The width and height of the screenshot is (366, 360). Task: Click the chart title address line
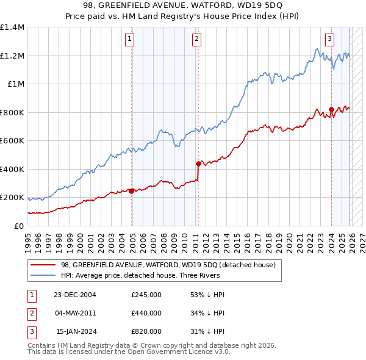click(x=183, y=6)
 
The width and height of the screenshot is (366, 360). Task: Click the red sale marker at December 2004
click(x=132, y=191)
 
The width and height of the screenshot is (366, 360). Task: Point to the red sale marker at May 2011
click(x=198, y=164)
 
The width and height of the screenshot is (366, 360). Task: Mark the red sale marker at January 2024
click(x=331, y=110)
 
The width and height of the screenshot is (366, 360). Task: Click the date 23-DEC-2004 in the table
click(x=75, y=294)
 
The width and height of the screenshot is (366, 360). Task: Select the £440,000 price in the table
click(x=146, y=313)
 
